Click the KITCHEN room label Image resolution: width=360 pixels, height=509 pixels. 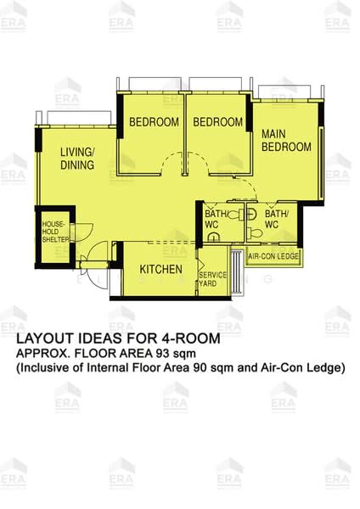coord(160,269)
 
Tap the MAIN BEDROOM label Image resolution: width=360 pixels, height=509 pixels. coord(286,141)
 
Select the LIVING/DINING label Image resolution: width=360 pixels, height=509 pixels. coord(77,159)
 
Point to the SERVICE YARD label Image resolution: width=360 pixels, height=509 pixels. coord(212,279)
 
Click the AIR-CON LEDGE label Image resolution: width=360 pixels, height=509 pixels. coord(273,256)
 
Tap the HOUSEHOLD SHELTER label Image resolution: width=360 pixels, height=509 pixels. coord(55,232)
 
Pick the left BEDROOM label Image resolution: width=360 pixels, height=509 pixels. coord(154,122)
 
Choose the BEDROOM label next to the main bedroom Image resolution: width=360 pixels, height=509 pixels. coord(217,122)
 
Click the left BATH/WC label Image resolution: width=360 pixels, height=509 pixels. coord(217,219)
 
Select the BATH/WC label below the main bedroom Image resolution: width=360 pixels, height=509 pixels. coord(277,219)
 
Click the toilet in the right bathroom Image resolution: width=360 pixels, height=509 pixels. coord(255,232)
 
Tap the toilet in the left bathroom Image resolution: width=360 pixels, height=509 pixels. coord(236,215)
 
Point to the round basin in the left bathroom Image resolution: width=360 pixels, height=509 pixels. coord(213,237)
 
